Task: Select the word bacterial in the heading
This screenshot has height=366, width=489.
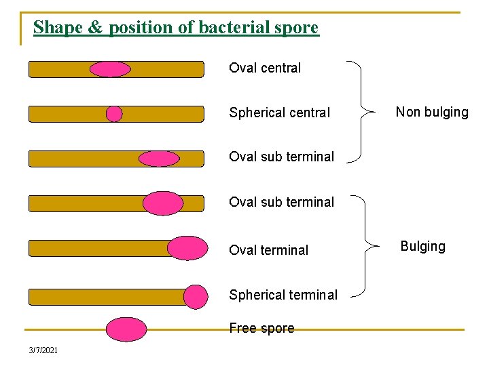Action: tap(228, 28)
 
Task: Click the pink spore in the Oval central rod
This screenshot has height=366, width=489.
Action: tap(110, 69)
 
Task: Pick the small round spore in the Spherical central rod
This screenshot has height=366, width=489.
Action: tap(114, 114)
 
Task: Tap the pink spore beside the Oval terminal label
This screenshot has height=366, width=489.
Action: tap(187, 248)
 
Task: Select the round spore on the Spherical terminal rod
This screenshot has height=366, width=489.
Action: tap(196, 297)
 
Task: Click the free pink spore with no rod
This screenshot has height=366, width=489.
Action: tap(126, 329)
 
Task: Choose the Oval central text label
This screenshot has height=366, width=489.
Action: tap(265, 68)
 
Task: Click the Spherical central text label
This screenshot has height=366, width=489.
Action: tap(279, 113)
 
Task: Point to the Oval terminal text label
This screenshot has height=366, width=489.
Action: tap(268, 250)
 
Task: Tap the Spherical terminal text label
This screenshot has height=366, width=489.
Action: tap(283, 295)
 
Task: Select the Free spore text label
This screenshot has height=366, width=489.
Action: tap(261, 329)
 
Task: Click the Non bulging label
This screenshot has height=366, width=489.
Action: tap(432, 112)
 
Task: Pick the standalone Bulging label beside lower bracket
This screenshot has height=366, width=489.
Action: tap(422, 246)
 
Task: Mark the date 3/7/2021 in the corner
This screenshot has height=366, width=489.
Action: tap(43, 350)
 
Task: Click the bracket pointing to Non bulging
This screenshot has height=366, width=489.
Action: tap(361, 112)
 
